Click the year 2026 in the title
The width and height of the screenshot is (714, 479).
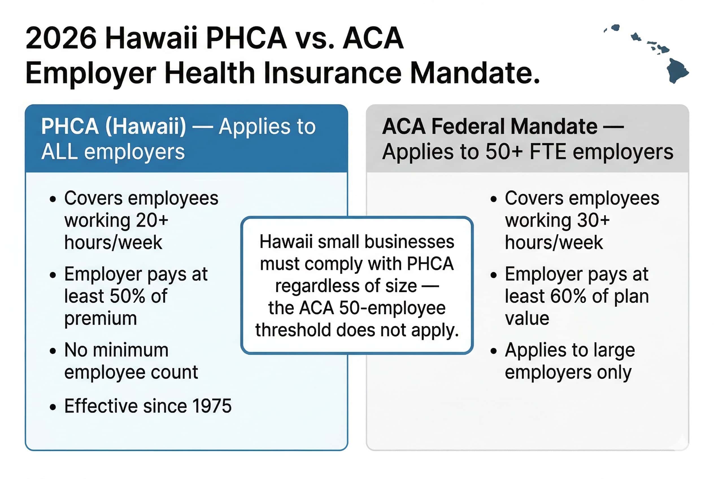click(x=61, y=38)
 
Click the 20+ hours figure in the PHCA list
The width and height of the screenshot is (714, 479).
click(x=152, y=220)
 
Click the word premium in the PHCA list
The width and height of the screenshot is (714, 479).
click(x=101, y=318)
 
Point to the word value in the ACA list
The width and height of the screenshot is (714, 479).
click(x=527, y=318)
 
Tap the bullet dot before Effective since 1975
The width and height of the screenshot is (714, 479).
click(x=53, y=407)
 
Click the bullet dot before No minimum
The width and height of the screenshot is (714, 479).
click(x=53, y=351)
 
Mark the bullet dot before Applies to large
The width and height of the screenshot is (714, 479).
click(x=493, y=351)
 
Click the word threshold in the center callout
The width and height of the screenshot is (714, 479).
click(x=293, y=330)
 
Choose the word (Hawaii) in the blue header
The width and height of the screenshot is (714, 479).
click(x=145, y=126)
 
